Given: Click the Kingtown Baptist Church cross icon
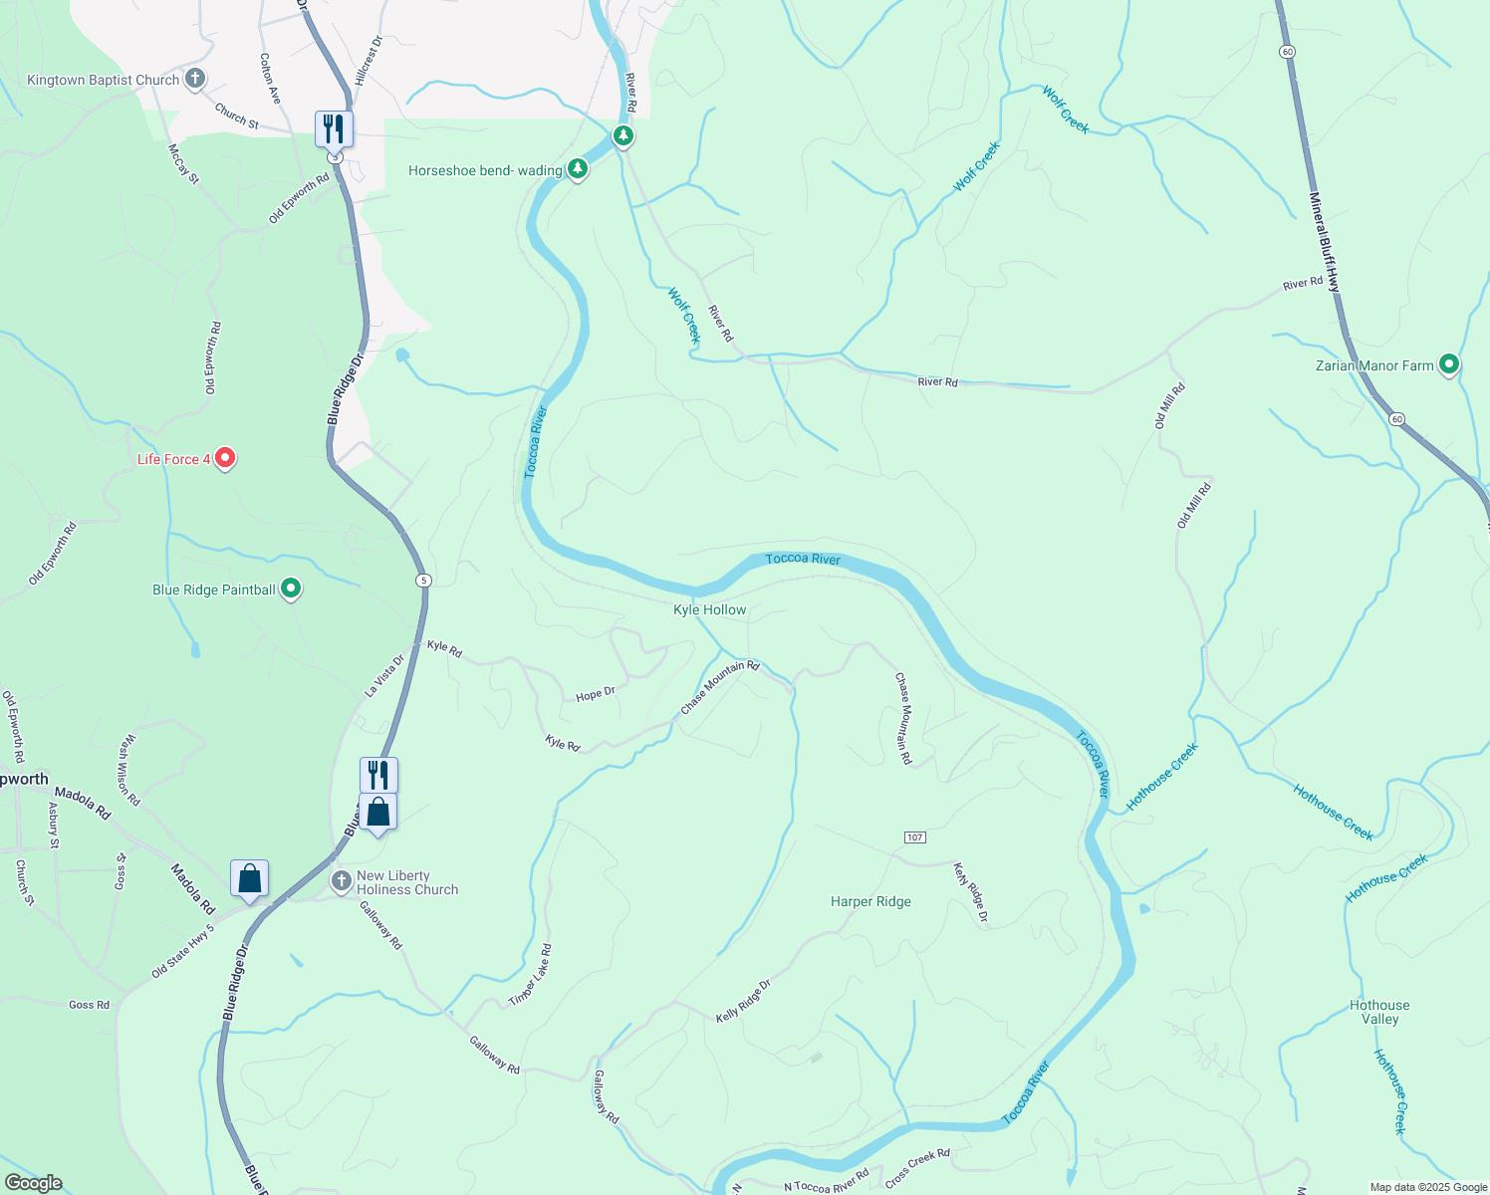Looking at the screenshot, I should tap(195, 79).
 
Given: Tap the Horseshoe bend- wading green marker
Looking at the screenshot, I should tap(577, 169).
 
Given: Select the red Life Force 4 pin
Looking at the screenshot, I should tap(225, 458).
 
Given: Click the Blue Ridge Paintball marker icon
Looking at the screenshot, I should tap(291, 589).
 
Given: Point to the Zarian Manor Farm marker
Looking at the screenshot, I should tap(1449, 364).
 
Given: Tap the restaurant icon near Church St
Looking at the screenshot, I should tap(334, 129).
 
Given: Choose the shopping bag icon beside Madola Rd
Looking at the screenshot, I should tap(249, 879).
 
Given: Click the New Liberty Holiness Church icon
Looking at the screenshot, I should tap(342, 881).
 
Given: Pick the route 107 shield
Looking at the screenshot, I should tap(915, 837).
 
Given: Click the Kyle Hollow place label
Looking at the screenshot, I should tap(709, 609).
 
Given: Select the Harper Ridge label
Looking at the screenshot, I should tap(870, 901).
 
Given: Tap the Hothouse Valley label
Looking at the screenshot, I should tap(1379, 1012).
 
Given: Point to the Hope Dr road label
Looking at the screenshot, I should tap(596, 694).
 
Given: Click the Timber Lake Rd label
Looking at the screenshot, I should tap(530, 975).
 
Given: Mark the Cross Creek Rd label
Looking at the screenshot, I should tap(917, 1168).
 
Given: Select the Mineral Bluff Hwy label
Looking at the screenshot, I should tap(1325, 242).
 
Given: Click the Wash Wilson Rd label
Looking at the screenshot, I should tap(129, 770).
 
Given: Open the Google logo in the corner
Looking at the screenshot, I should tap(34, 1182).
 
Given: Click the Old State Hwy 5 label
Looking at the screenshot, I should tap(182, 952).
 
